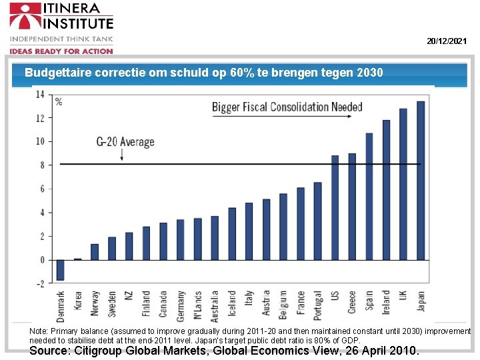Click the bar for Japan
[421, 180]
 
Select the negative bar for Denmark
[61, 269]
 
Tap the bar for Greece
[352, 207]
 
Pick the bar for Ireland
[386, 190]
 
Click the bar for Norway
[95, 252]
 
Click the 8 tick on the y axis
[42, 165]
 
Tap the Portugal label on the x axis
[318, 305]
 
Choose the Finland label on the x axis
[146, 305]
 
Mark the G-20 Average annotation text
[125, 141]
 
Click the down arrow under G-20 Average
[122, 155]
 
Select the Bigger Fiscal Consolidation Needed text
[287, 107]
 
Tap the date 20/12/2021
[447, 41]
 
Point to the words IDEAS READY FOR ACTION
[61, 51]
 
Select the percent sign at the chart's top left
[59, 102]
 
